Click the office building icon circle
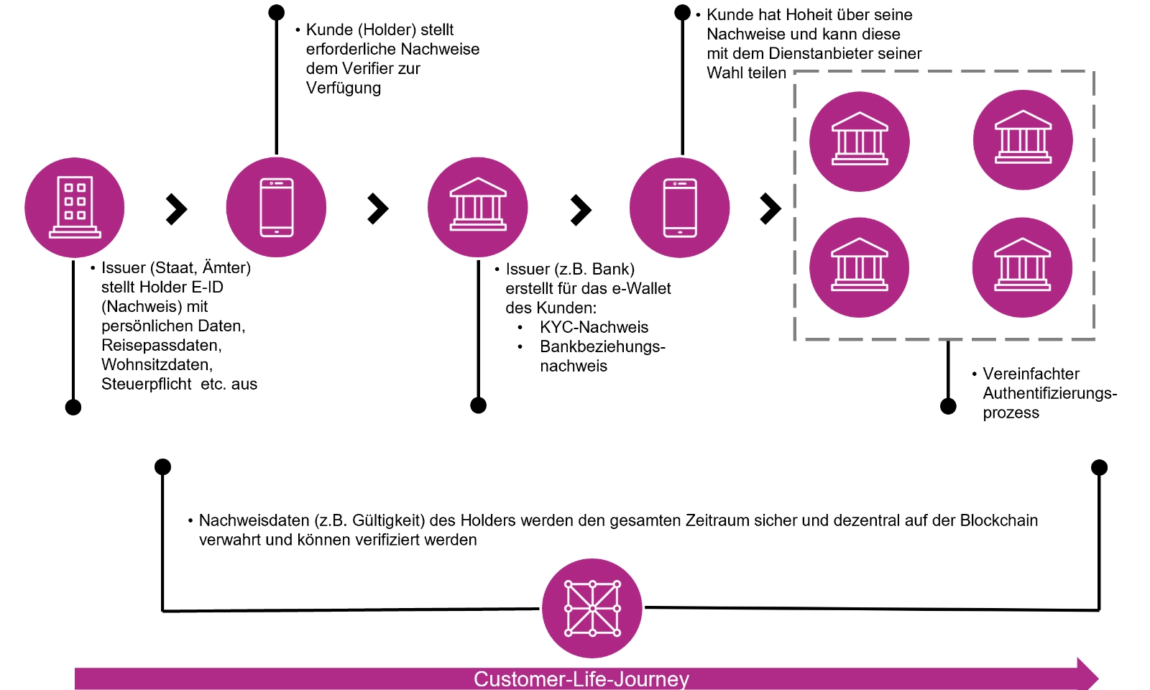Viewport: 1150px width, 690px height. point(75,208)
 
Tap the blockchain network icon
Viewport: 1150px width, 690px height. point(592,608)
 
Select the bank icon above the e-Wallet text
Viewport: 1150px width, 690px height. point(478,208)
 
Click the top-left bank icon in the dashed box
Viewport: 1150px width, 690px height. point(860,141)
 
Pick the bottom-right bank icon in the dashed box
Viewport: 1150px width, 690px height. point(1022,267)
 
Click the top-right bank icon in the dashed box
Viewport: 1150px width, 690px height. point(1023,140)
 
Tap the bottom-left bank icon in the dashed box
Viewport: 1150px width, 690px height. point(860,267)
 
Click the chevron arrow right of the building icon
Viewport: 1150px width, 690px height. point(176,209)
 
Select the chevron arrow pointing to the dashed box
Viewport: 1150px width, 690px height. point(770,208)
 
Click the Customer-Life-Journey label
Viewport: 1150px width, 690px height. point(581,679)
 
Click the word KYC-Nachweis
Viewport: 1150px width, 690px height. point(594,328)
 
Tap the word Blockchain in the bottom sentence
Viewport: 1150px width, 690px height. point(998,520)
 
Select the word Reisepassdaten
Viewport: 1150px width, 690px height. point(161,346)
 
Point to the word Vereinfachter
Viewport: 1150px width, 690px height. point(1031,374)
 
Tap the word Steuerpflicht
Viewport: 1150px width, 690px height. point(146,385)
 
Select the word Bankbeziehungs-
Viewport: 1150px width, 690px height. point(602,347)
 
